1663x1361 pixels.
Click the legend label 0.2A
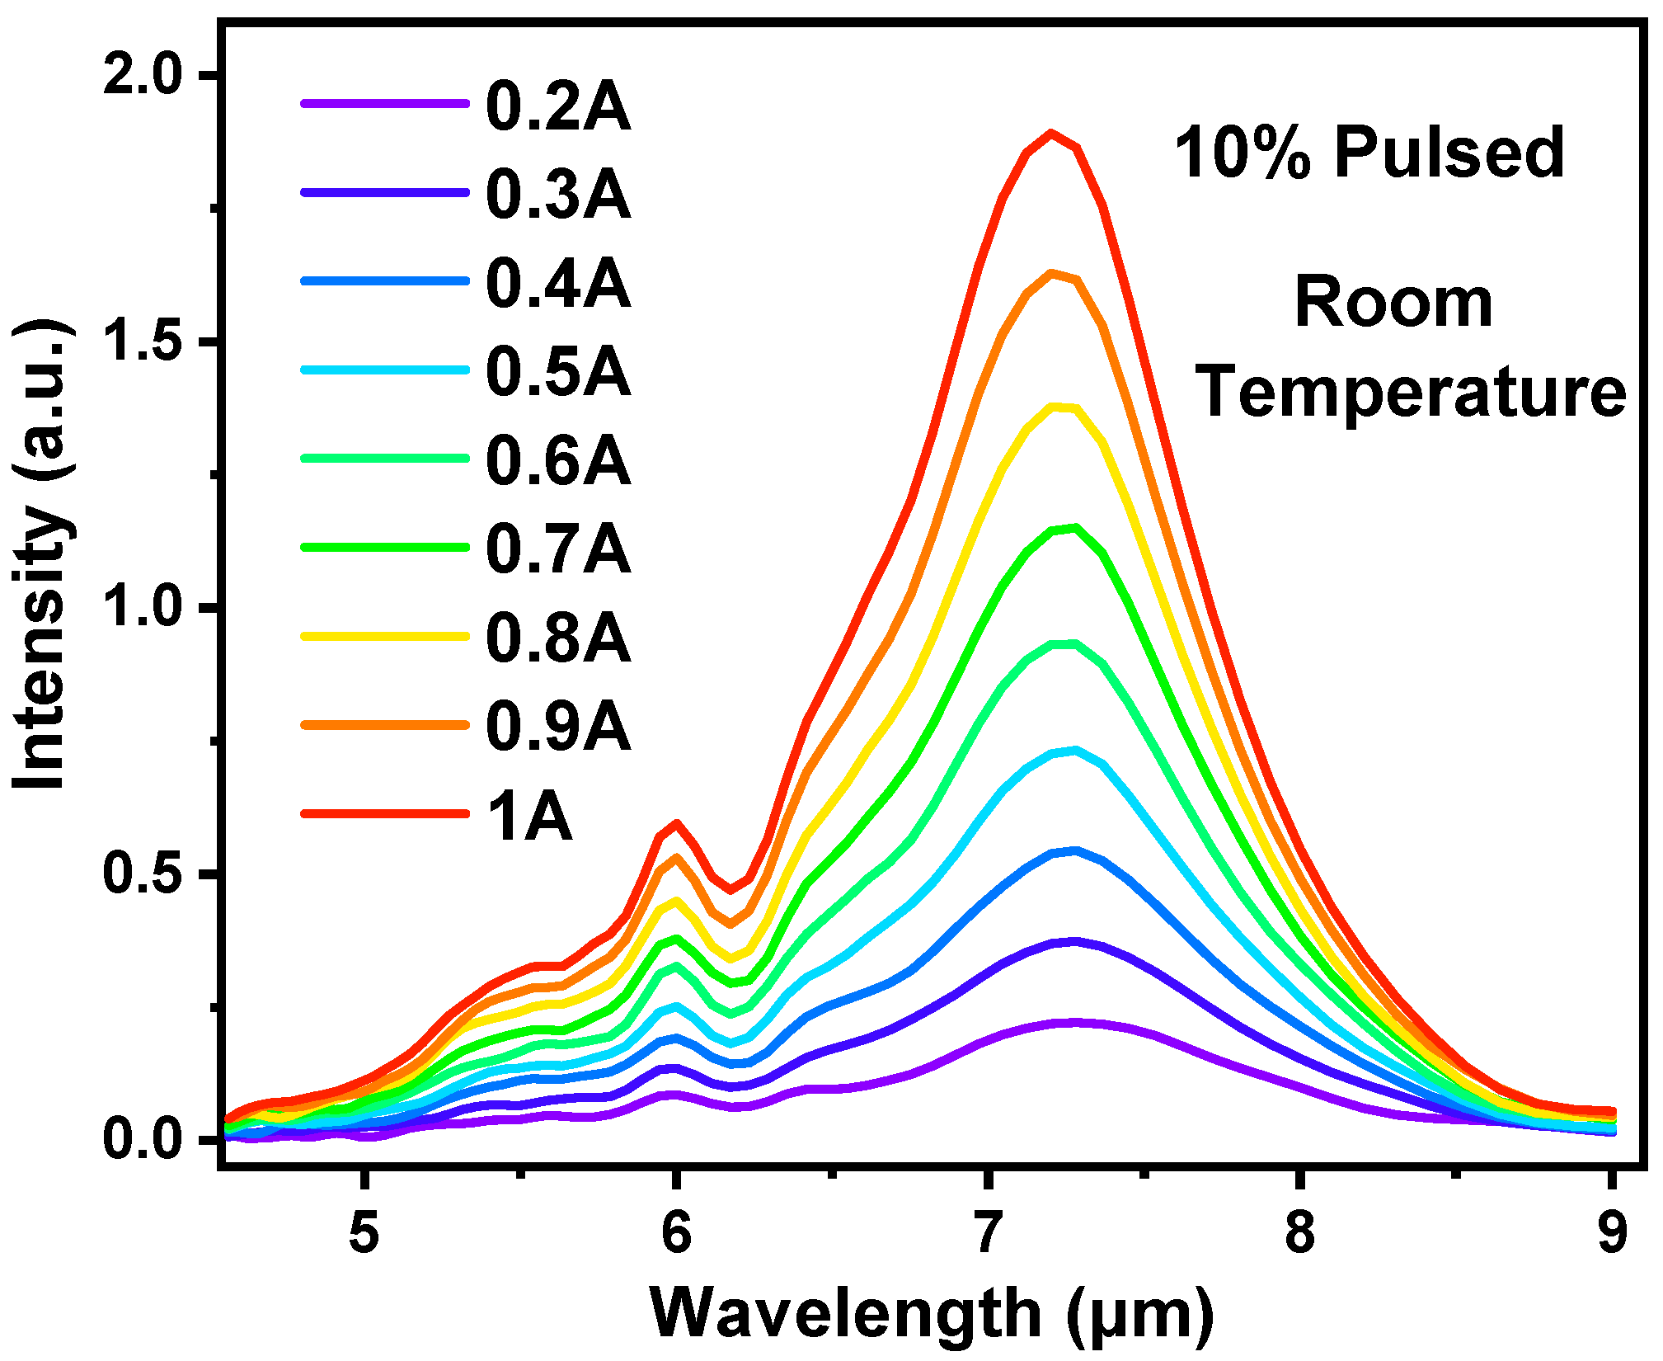tap(558, 106)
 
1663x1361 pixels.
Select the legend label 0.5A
tap(558, 372)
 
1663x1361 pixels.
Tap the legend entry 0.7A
tap(558, 549)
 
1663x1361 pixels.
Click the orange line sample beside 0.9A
tap(385, 725)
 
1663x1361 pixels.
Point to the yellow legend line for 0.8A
tap(385, 637)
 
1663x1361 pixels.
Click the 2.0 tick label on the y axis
tap(141, 75)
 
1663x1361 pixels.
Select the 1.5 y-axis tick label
tap(141, 341)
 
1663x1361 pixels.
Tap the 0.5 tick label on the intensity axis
tap(141, 874)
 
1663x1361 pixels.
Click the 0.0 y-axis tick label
tap(141, 1139)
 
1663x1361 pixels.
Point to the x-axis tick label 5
tap(364, 1234)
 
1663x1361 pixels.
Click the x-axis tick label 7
tap(987, 1234)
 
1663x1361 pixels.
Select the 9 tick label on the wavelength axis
tap(1611, 1234)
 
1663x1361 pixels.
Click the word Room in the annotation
tap(1393, 303)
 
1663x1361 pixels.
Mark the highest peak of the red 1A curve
tap(1050, 134)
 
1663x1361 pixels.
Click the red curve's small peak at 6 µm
tap(677, 823)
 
